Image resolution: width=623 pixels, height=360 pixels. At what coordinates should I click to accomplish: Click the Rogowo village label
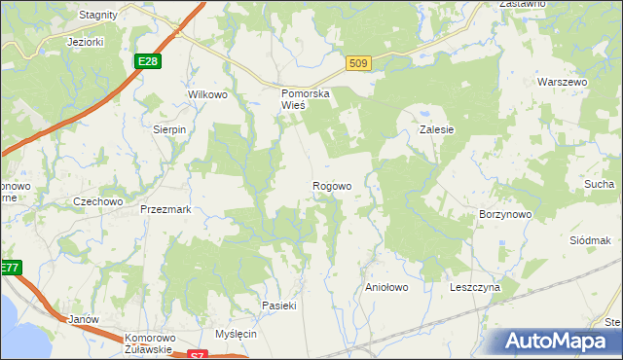point(332,186)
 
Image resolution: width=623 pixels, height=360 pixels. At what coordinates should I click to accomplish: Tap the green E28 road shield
point(148,61)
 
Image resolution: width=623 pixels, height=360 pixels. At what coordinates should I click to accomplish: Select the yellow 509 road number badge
point(358,64)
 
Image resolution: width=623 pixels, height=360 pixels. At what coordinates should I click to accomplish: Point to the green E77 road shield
point(10,268)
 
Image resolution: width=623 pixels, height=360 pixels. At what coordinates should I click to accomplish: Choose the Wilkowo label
point(207,94)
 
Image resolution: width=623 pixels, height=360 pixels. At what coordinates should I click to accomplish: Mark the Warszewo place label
point(565,83)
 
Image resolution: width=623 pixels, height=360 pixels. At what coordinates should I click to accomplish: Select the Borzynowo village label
point(504,213)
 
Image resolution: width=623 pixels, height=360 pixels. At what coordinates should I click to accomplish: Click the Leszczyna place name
point(474,288)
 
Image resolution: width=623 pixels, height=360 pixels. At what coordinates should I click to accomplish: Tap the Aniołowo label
point(385,288)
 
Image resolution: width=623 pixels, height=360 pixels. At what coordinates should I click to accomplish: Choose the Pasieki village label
point(278,306)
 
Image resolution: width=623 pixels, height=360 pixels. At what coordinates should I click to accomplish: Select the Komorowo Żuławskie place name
point(149,343)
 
